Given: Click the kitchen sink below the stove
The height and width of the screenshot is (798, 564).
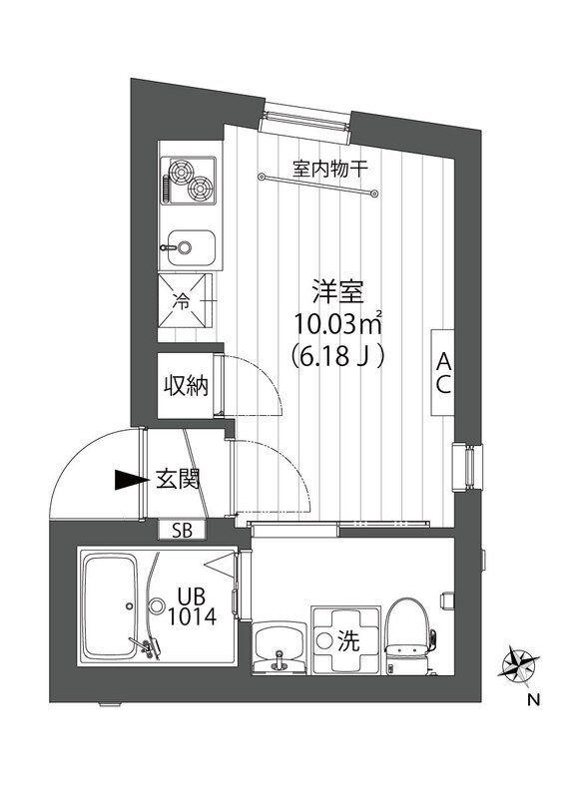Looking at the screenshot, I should pyautogui.click(x=190, y=243).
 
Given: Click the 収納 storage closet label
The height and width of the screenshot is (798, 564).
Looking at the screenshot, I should pyautogui.click(x=187, y=385).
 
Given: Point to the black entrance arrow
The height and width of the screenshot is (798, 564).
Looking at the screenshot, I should pyautogui.click(x=130, y=480).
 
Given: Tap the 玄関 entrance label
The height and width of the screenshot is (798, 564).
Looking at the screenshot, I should pyautogui.click(x=178, y=479).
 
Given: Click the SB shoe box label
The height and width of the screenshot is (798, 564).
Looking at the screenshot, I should pyautogui.click(x=183, y=530).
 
